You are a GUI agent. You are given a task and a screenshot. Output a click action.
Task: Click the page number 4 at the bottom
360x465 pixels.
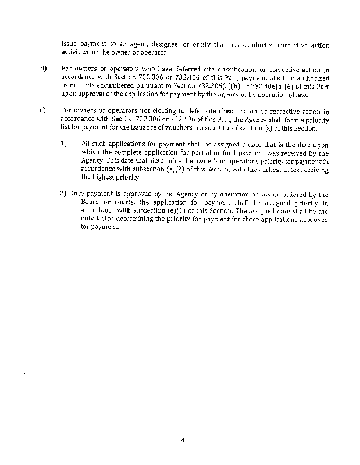182,439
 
